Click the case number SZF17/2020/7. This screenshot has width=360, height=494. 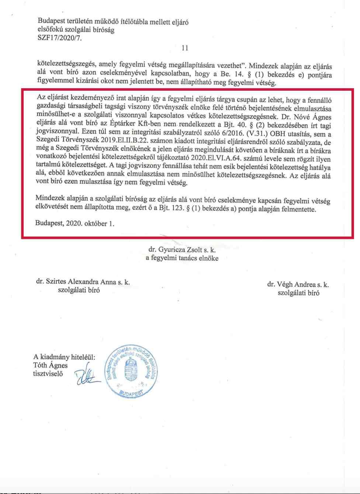tap(59, 38)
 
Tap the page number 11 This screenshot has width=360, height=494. tap(185, 48)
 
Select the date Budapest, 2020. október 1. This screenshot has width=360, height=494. tap(75, 223)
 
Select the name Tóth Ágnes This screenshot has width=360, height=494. tap(51, 365)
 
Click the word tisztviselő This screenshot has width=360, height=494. tap(48, 373)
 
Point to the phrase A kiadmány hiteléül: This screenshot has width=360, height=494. tap(64, 357)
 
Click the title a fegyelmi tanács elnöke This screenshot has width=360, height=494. tap(182, 258)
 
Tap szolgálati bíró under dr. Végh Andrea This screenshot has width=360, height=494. tap(298, 293)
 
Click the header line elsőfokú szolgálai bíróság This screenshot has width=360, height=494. tap(76, 30)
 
